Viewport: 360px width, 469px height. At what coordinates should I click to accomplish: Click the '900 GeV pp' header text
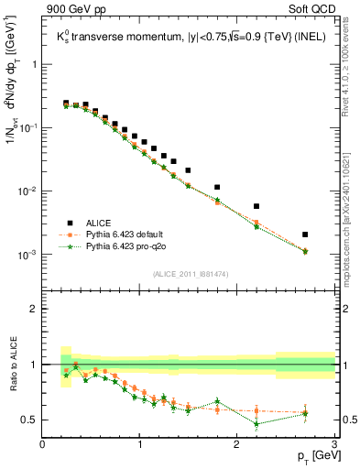coord(74,10)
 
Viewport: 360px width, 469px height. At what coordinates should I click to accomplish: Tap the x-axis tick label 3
coord(335,444)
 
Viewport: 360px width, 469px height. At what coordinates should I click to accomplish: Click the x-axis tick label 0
coord(43,444)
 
